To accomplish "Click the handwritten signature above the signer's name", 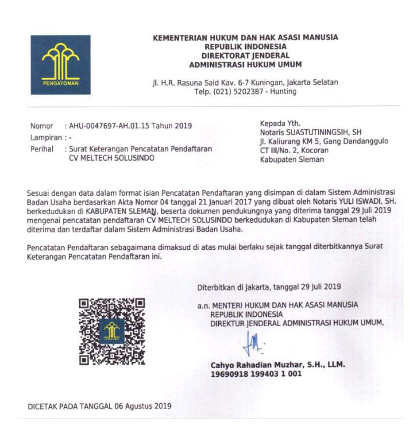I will point(254,342).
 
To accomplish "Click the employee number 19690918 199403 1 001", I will point(256,374).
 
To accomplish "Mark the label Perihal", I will point(42,149).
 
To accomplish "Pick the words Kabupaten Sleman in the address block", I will point(292,160).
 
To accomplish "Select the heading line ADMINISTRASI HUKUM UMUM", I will point(245,65).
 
